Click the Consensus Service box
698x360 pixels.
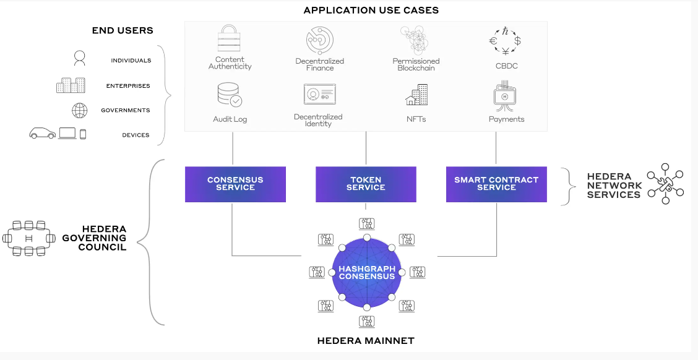tap(235, 184)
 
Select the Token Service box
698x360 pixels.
tap(366, 184)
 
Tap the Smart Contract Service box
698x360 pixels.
tap(496, 184)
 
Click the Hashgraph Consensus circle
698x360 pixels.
tap(367, 273)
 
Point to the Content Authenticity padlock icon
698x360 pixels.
tap(230, 39)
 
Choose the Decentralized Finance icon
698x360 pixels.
tap(320, 40)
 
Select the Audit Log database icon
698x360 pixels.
tap(230, 96)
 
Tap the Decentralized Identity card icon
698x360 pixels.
tap(319, 95)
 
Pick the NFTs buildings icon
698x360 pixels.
tap(416, 95)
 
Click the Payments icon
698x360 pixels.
tap(506, 96)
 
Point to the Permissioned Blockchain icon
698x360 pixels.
tap(416, 40)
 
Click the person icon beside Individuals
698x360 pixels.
tap(79, 59)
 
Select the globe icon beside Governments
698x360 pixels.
tap(80, 111)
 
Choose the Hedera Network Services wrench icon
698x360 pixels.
tap(665, 184)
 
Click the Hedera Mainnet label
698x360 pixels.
tap(366, 341)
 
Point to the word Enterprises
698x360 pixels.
tap(128, 86)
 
